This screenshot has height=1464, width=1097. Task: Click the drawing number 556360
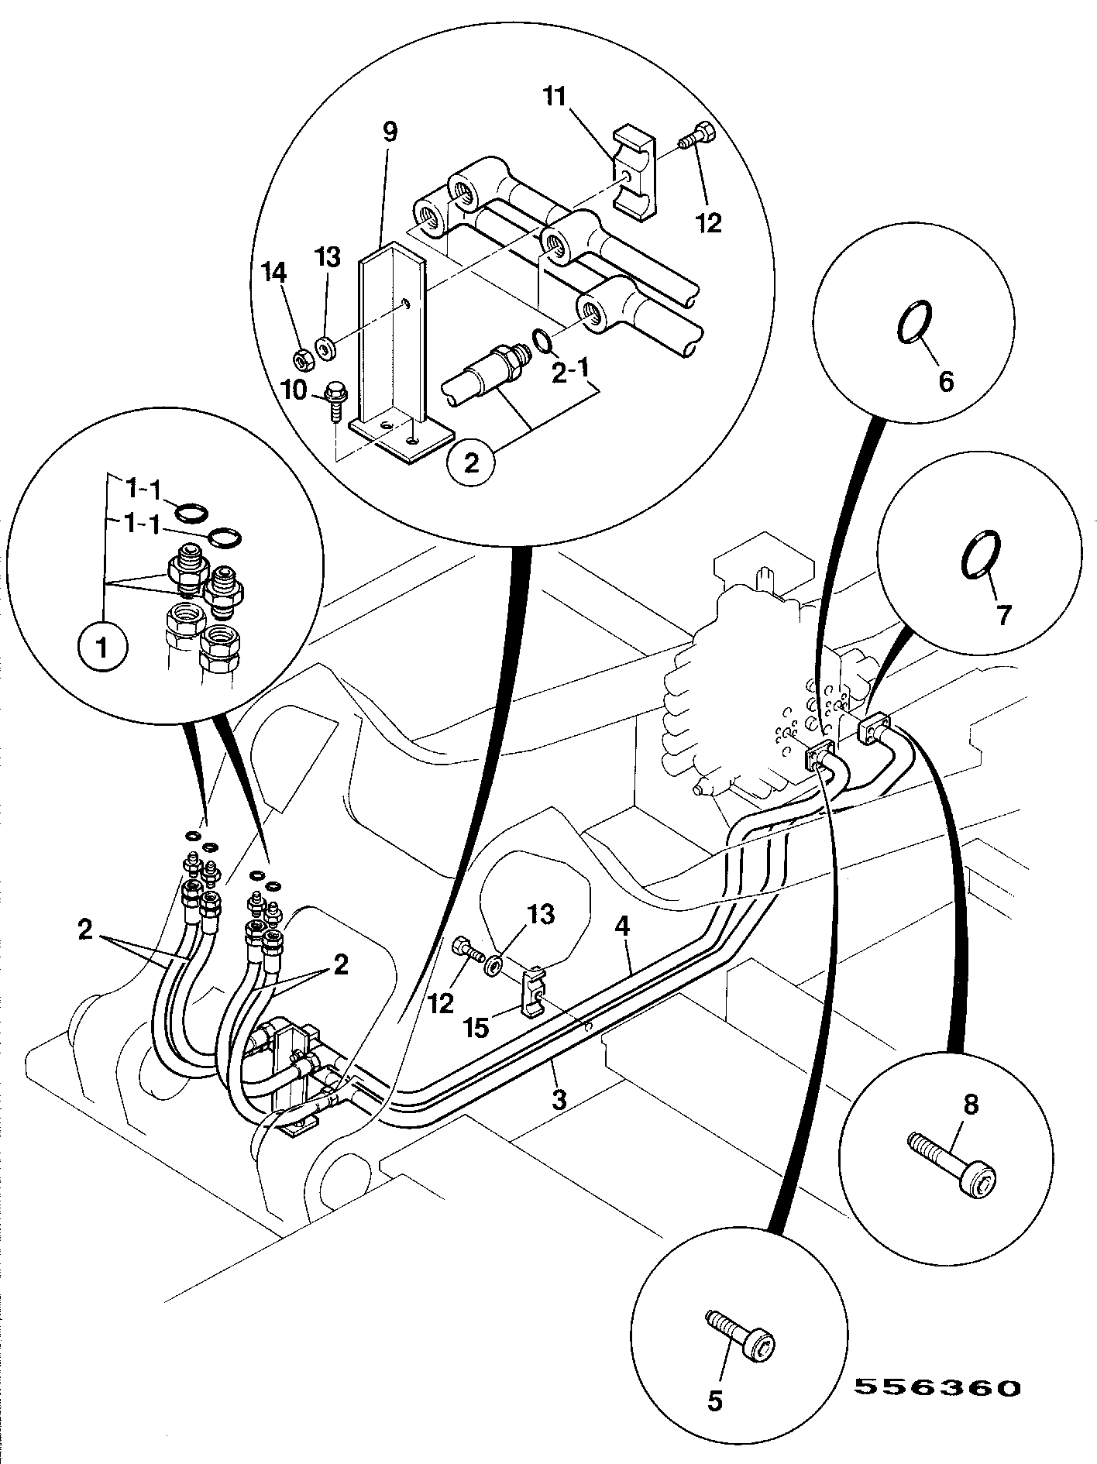tap(937, 1387)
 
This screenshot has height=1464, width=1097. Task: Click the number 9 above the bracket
tap(390, 132)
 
